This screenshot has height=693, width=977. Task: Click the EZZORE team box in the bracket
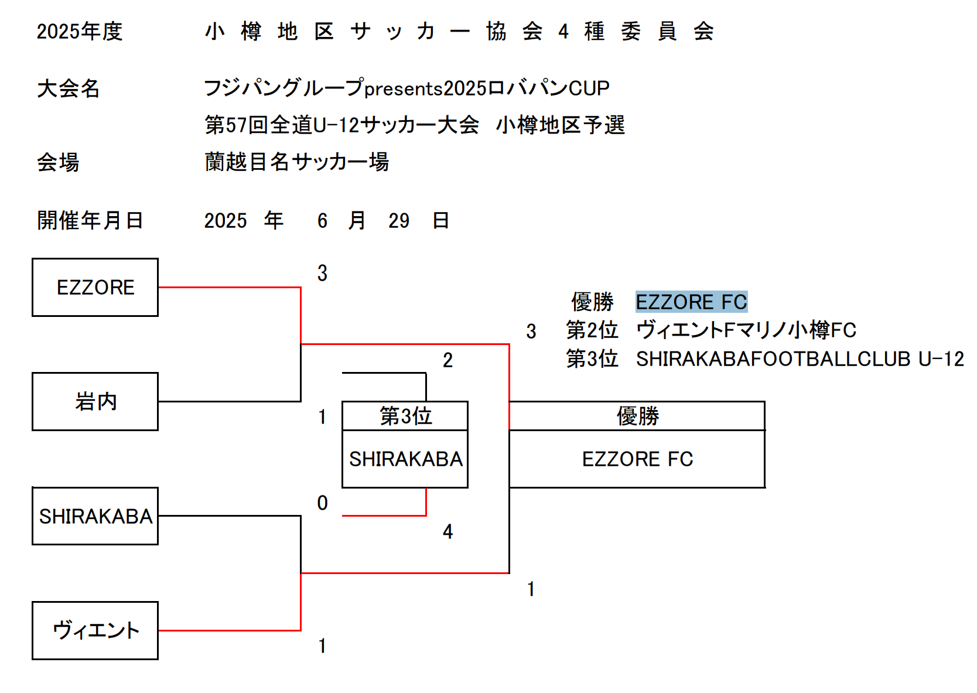pos(95,288)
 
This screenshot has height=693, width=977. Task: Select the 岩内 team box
pos(95,402)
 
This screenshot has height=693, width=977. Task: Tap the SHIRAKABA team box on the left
pos(95,516)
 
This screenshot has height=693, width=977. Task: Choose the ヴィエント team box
pos(95,631)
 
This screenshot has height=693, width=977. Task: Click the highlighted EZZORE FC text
pos(691,302)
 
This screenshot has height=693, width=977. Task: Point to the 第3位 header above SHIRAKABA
pos(405,416)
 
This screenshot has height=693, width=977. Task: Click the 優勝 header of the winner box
pos(637,416)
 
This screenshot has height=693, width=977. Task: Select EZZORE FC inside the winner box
pos(637,459)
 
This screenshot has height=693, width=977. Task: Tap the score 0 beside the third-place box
pos(322,503)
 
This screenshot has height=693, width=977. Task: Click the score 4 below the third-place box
pos(448,532)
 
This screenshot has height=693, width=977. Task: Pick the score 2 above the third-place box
pos(448,360)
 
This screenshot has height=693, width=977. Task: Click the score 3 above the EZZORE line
pos(322,274)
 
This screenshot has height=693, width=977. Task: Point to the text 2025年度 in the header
pos(80,32)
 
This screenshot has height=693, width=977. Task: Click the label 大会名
pos(69,88)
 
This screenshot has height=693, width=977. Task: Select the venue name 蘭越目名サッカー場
pos(296,162)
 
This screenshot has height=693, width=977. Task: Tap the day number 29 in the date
pos(399,221)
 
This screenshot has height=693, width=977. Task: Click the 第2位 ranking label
pos(592,330)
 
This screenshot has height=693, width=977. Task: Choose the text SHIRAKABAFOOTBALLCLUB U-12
pos(800,359)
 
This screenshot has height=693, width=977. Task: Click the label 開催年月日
pos(90,220)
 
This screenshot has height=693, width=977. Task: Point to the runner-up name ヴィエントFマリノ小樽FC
pos(746,330)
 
